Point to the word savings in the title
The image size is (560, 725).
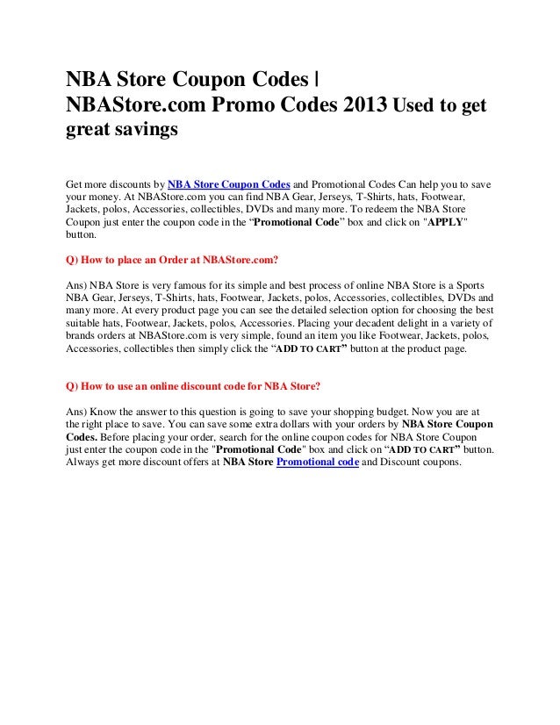pos(144,131)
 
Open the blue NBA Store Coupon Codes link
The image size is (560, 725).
pos(229,186)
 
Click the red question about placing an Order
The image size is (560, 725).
pos(172,261)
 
